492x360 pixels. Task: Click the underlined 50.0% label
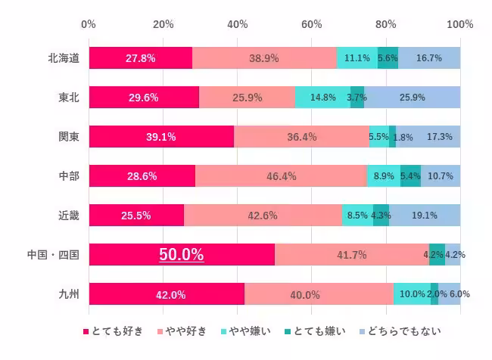tap(181, 255)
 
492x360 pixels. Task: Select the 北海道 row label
tap(63, 57)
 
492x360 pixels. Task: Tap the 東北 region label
tap(68, 97)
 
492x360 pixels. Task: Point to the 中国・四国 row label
tap(53, 255)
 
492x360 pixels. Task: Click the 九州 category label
tap(68, 294)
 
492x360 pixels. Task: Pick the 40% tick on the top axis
tap(238, 24)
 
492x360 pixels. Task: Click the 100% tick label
tap(459, 24)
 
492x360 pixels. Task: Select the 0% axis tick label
tap(89, 24)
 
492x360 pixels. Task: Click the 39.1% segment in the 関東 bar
tap(161, 137)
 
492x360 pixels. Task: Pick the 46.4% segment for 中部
tap(281, 176)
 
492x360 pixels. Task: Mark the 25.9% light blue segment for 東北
tap(412, 98)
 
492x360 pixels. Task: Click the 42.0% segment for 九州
tap(167, 294)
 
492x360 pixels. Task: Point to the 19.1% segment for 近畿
tap(425, 216)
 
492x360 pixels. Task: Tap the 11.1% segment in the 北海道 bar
tap(357, 58)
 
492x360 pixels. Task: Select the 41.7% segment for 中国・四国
tap(352, 255)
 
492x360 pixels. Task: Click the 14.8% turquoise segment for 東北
tap(322, 98)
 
